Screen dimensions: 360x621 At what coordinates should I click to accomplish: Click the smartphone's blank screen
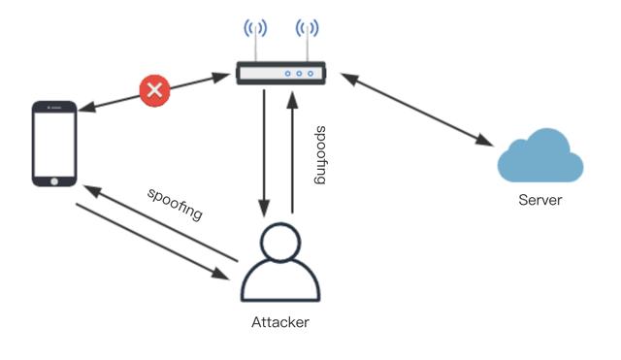(x=54, y=141)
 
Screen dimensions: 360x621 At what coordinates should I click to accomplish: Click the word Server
(x=539, y=201)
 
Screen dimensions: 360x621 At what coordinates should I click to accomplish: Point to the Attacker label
(x=279, y=321)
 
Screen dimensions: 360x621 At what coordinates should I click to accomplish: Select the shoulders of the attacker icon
(x=279, y=283)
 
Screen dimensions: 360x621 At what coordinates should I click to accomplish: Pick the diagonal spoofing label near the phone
(x=175, y=203)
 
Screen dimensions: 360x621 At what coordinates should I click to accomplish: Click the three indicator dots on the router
(x=298, y=73)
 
